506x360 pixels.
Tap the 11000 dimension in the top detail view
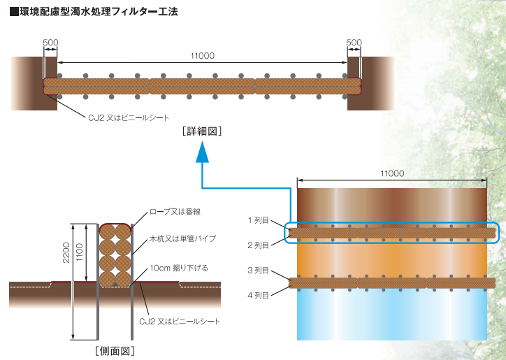click(202, 56)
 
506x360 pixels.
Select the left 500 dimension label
click(50, 43)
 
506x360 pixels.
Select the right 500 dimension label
click(354, 43)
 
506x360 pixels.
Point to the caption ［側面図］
click(115, 350)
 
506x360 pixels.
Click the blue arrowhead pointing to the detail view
click(202, 152)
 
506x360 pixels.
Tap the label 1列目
click(258, 220)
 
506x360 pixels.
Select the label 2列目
click(258, 245)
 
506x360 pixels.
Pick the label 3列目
click(258, 270)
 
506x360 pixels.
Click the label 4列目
click(258, 294)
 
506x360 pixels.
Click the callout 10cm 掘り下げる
click(179, 268)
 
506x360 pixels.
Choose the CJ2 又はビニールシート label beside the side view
click(180, 322)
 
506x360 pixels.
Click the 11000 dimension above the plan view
click(392, 173)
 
